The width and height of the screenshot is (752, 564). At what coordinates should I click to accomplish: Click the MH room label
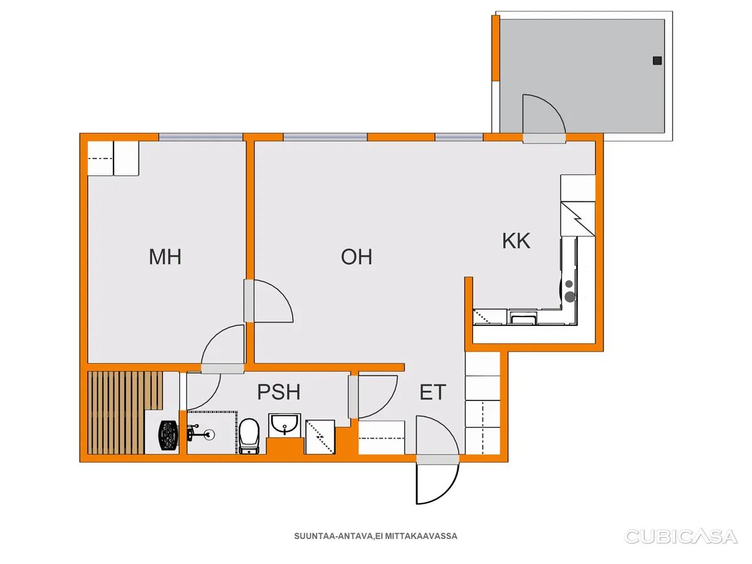(x=165, y=257)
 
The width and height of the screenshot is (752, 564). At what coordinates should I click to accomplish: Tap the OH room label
(x=357, y=257)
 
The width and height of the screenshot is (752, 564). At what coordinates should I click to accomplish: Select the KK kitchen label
(x=516, y=241)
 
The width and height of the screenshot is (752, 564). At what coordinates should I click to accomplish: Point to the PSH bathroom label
(x=278, y=392)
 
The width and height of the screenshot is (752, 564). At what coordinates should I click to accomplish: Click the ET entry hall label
(x=432, y=392)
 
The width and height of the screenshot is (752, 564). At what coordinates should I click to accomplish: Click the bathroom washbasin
(x=285, y=426)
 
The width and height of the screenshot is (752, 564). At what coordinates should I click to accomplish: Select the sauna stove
(x=168, y=436)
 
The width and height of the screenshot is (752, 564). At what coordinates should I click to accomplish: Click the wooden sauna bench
(x=125, y=412)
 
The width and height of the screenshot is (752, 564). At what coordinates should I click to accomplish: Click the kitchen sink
(x=523, y=317)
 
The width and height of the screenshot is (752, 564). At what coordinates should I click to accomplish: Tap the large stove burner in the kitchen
(x=570, y=296)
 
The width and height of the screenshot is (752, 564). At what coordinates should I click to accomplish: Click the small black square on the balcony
(x=657, y=61)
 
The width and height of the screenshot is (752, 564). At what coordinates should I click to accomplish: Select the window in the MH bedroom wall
(x=201, y=137)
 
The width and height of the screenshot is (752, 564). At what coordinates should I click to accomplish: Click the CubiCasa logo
(x=681, y=536)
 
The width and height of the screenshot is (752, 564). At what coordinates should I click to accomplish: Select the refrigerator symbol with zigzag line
(x=578, y=219)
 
